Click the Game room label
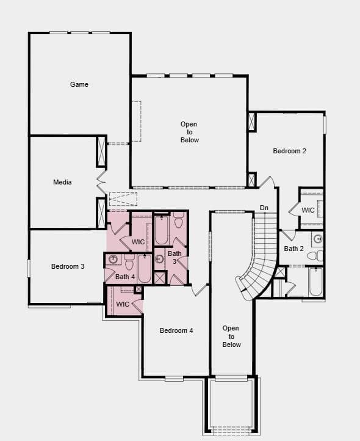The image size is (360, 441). coord(79,84)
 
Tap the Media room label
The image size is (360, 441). coord(62,182)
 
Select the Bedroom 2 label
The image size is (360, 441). coord(289,151)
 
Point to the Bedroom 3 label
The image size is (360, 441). coord(68,266)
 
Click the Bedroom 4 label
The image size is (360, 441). coord(176,330)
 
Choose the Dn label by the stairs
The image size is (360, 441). coord(264,208)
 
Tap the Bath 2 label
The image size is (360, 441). coord(293,249)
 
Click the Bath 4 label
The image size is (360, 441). coord(125,277)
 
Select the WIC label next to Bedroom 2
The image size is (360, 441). coord(308,210)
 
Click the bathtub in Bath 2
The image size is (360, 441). coord(315,282)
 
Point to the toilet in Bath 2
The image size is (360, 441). coord(315,256)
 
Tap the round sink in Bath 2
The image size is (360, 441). coord(318,239)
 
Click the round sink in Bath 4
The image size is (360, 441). coord(113,259)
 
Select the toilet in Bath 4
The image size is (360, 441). coord(129,262)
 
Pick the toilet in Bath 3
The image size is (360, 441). coord(179,220)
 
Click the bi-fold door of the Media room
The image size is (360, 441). coord(101,182)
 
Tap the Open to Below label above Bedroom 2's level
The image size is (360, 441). coord(189,132)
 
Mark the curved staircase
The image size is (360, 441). coord(259,256)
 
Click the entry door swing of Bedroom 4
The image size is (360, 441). coord(200,290)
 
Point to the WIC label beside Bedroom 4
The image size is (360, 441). coord(123,304)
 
